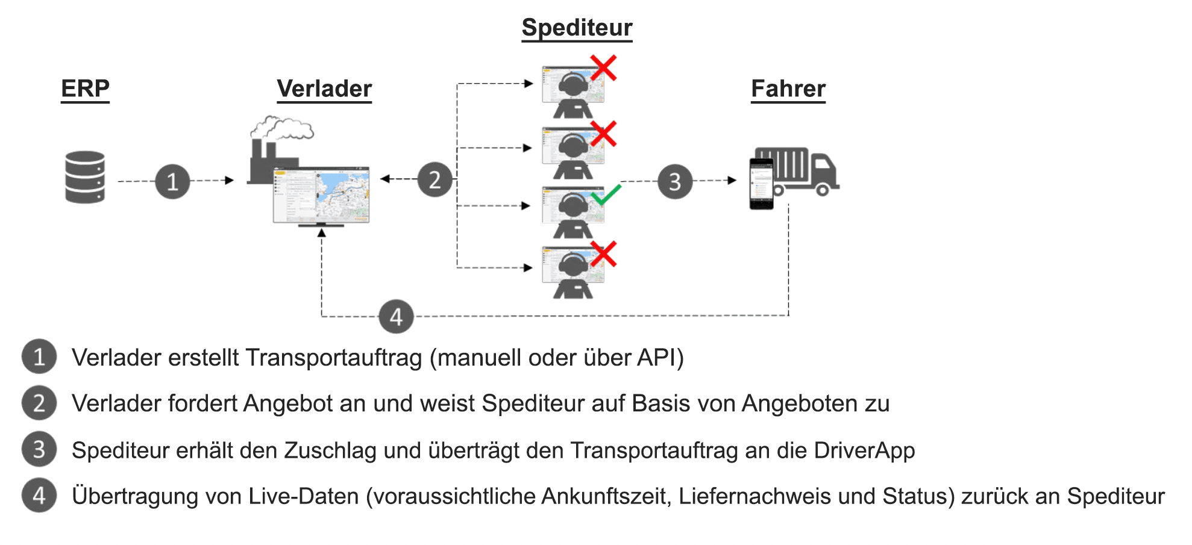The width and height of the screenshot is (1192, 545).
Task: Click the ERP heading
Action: click(x=85, y=89)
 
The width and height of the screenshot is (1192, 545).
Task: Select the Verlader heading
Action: click(x=324, y=89)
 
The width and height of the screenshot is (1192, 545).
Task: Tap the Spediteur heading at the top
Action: click(x=577, y=28)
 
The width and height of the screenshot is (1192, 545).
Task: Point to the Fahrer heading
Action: click(x=788, y=89)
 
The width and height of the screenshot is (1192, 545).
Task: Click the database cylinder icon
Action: click(x=85, y=177)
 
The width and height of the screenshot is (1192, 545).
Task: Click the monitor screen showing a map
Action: click(x=321, y=196)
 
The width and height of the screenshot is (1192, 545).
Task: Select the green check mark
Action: click(x=606, y=195)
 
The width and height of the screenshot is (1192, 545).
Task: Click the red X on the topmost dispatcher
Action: click(x=603, y=67)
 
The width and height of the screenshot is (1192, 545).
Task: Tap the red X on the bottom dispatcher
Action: click(x=603, y=254)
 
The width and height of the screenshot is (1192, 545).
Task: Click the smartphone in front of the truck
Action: click(x=761, y=184)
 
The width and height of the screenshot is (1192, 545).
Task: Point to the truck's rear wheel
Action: click(x=822, y=190)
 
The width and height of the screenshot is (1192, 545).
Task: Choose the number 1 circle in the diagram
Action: click(x=172, y=181)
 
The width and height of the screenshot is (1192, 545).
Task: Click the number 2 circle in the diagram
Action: click(x=434, y=179)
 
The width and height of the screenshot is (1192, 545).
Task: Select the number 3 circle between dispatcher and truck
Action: click(x=675, y=181)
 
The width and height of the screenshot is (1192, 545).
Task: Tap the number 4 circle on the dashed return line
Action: click(x=396, y=316)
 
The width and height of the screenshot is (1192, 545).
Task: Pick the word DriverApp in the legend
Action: click(x=864, y=450)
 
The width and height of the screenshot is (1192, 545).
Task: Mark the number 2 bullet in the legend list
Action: click(x=39, y=403)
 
